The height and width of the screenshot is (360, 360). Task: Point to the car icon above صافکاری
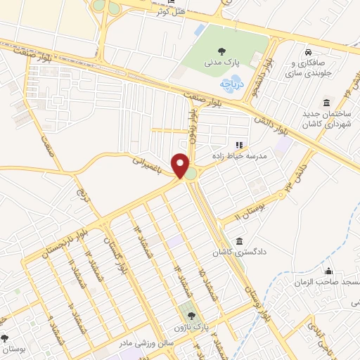pyautogui.click(x=308, y=53)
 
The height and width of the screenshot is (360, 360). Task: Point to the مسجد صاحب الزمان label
pyautogui.click(x=331, y=282)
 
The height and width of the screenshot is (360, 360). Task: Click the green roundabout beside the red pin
pyautogui.click(x=191, y=172)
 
